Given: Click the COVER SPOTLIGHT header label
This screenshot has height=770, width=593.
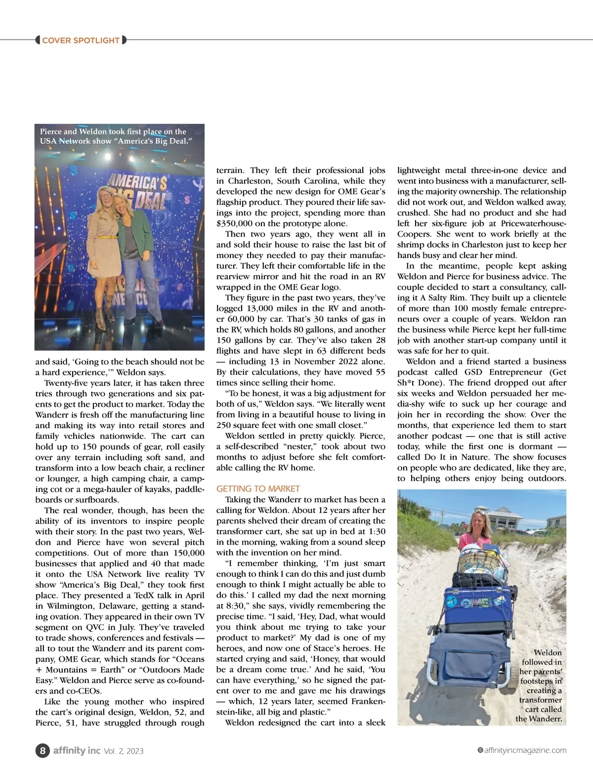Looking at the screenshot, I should pyautogui.click(x=81, y=40).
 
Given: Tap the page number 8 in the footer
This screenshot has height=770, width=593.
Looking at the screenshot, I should pyautogui.click(x=42, y=750).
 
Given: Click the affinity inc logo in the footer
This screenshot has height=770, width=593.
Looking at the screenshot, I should pyautogui.click(x=77, y=750).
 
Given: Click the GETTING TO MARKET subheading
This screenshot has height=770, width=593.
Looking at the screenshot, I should pyautogui.click(x=258, y=489).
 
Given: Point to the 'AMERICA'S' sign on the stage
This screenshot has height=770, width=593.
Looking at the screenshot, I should pyautogui.click(x=136, y=182).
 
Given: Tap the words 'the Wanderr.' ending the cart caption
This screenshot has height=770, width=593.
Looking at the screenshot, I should pyautogui.click(x=539, y=719).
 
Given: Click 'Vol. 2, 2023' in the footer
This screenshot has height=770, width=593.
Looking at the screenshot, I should pyautogui.click(x=124, y=751).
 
